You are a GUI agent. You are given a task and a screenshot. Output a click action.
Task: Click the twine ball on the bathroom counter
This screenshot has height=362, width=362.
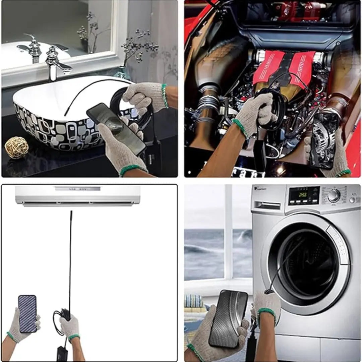(x=16, y=147)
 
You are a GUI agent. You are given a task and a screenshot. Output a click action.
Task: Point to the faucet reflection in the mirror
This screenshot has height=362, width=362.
(x=32, y=47)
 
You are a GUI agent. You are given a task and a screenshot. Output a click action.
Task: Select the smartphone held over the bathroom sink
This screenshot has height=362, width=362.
(x=116, y=128)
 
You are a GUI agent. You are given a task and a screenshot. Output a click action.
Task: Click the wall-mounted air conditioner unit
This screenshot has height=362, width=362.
(x=77, y=195)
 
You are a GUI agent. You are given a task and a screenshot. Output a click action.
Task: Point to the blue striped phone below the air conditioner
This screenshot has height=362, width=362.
(x=27, y=313)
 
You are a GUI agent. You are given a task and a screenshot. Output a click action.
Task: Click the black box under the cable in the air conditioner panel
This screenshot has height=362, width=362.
(x=62, y=353)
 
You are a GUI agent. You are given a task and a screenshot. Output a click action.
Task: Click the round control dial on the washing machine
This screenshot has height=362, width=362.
(x=334, y=196)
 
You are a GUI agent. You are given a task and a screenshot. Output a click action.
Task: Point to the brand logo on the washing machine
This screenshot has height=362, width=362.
(x=260, y=189)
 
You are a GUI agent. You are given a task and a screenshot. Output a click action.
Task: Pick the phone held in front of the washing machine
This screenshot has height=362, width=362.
(x=228, y=318)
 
